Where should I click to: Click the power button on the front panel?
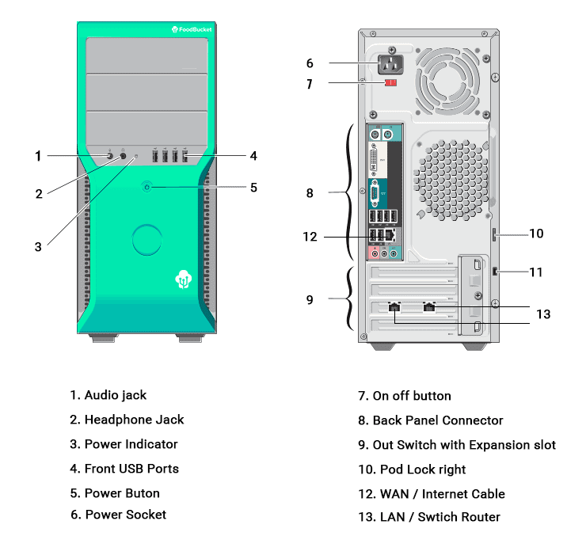pos(146,188)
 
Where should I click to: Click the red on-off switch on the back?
pos(390,82)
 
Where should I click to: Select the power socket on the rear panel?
pos(391,63)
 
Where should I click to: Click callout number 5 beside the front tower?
pos(253,188)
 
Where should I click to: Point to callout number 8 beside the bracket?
pos(310,192)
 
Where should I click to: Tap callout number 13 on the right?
pos(542,314)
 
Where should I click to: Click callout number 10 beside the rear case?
pos(536,234)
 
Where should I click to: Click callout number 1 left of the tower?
pos(38,156)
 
